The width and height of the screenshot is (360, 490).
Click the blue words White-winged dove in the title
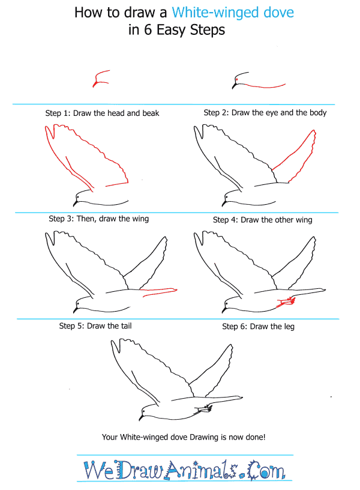[233, 13]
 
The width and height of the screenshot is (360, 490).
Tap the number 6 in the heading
[148, 30]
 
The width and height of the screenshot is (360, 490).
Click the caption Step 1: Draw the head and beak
[102, 113]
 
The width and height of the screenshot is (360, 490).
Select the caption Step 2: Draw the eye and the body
[265, 112]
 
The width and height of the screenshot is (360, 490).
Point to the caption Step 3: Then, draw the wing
[98, 219]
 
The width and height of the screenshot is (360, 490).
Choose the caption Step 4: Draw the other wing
[263, 220]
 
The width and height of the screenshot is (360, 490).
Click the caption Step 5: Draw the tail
[95, 326]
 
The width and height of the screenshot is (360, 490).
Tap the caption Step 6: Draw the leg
[258, 327]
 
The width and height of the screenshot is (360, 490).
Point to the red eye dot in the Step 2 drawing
[236, 80]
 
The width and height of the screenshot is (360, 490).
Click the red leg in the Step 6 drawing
[286, 301]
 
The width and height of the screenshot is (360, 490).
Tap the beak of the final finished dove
[141, 417]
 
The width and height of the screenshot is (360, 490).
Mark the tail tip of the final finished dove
[242, 397]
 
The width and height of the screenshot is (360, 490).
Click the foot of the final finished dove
[204, 409]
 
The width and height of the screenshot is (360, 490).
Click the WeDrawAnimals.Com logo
[184, 470]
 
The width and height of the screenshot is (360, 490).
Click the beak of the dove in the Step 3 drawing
[75, 309]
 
